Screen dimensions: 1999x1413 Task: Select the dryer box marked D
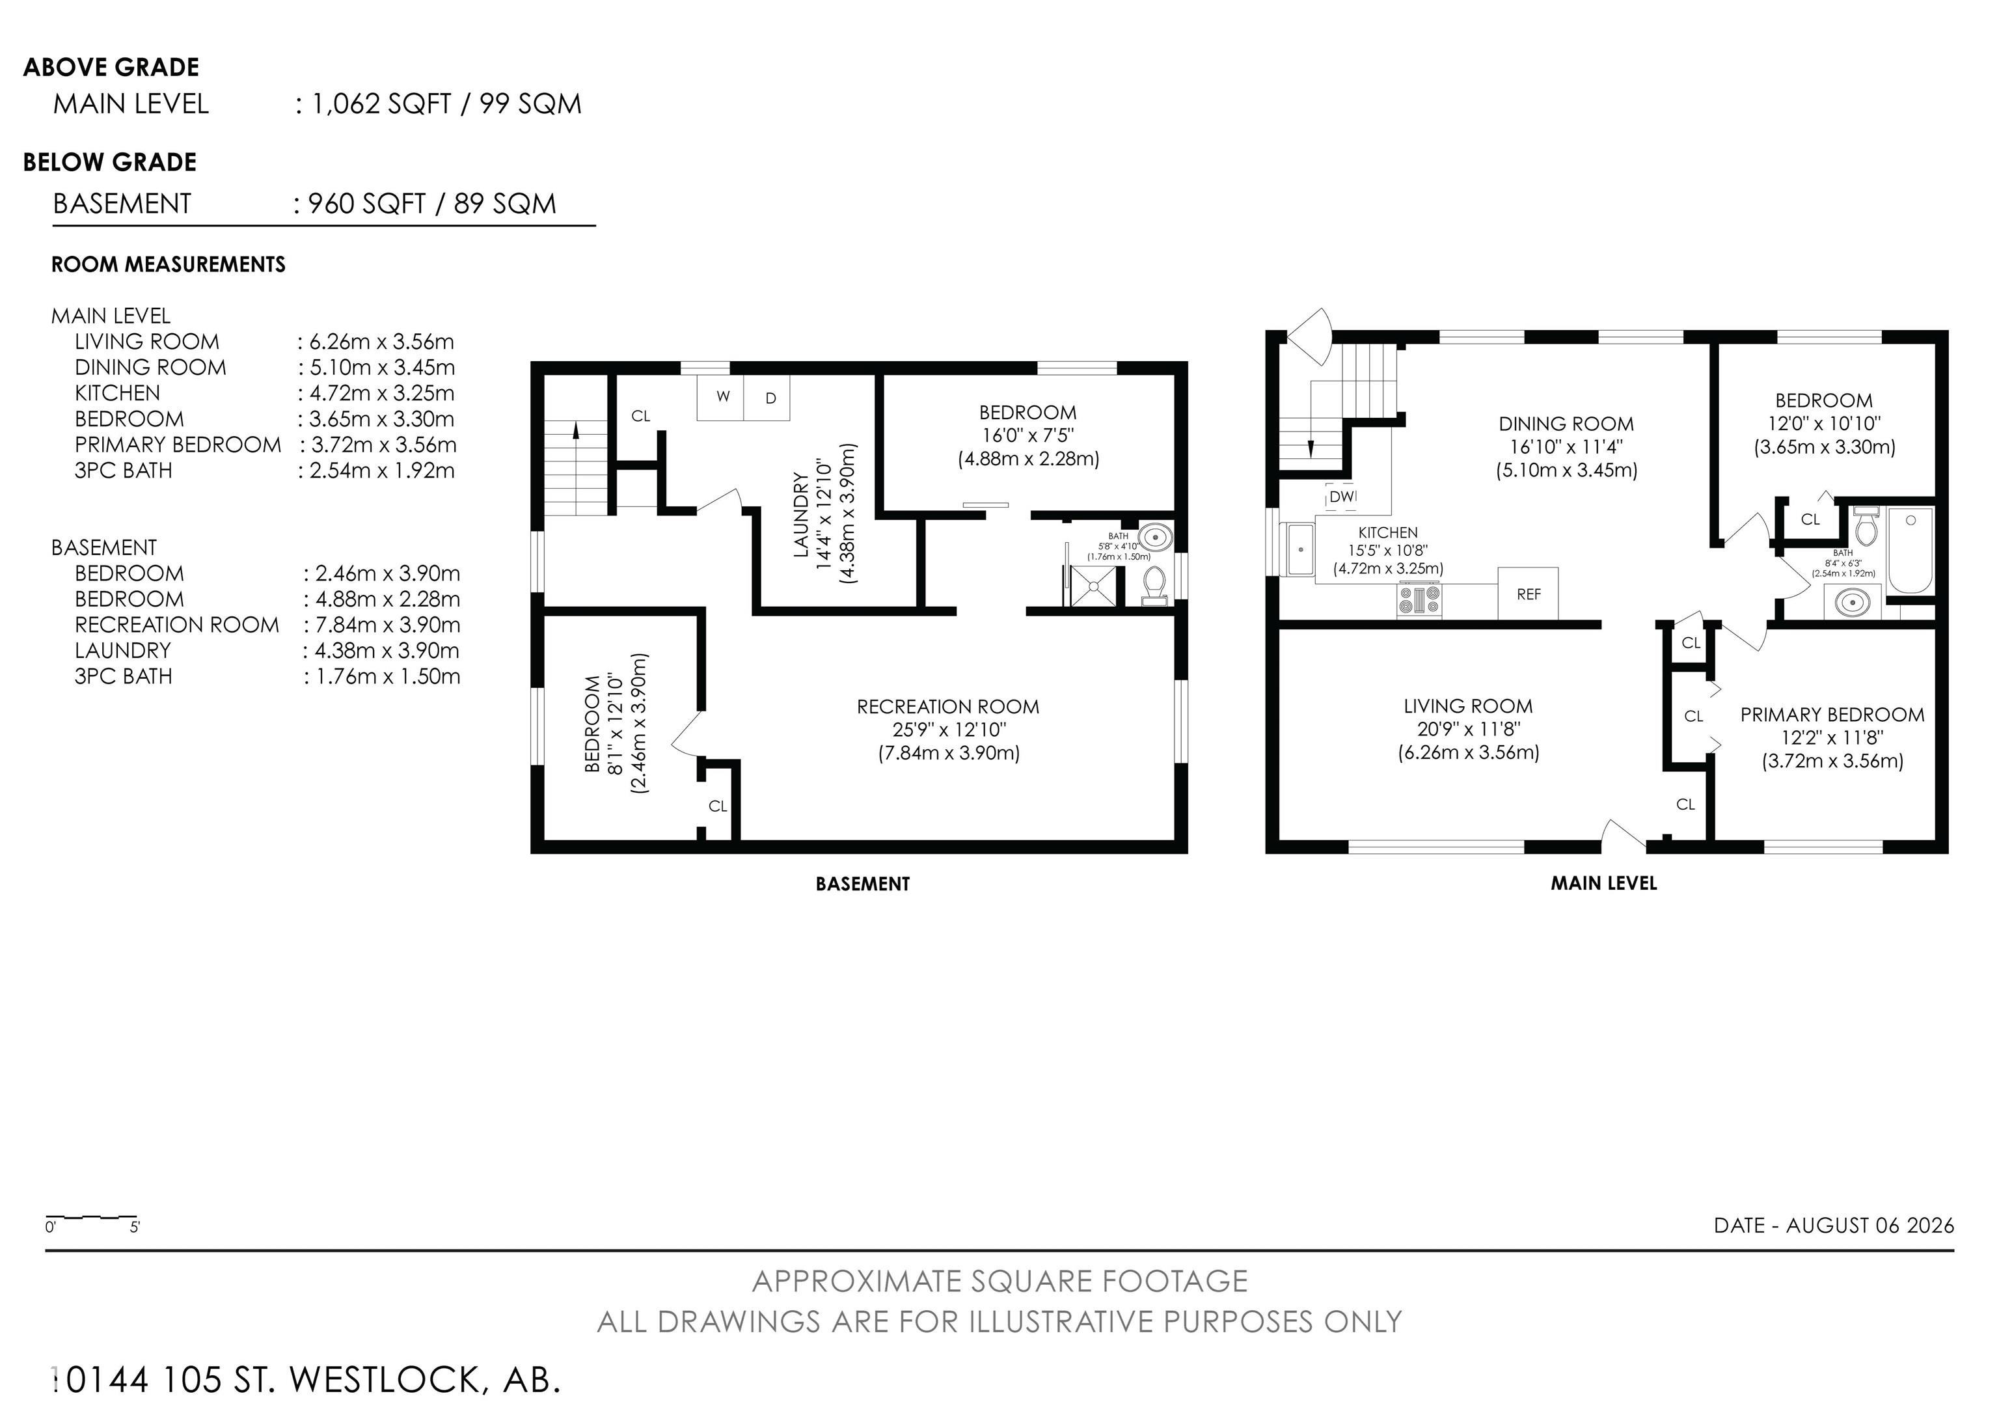[767, 397]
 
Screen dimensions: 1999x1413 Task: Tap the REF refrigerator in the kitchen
[1528, 594]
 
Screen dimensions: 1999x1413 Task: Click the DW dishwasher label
[1342, 496]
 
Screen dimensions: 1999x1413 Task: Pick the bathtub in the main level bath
[1911, 550]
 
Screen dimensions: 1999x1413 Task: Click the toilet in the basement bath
[1154, 586]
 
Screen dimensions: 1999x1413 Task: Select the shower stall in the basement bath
[1094, 586]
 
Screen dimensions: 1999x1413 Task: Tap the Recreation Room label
[948, 707]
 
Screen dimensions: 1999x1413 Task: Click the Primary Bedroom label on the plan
[1832, 715]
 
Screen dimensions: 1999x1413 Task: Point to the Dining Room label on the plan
[1566, 424]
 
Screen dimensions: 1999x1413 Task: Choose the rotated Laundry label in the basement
[802, 514]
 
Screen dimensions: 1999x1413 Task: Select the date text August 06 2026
[1870, 1225]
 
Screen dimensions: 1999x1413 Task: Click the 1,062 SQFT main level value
[381, 103]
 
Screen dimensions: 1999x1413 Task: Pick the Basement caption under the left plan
[862, 884]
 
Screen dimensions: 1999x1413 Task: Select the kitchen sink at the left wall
[1301, 550]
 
